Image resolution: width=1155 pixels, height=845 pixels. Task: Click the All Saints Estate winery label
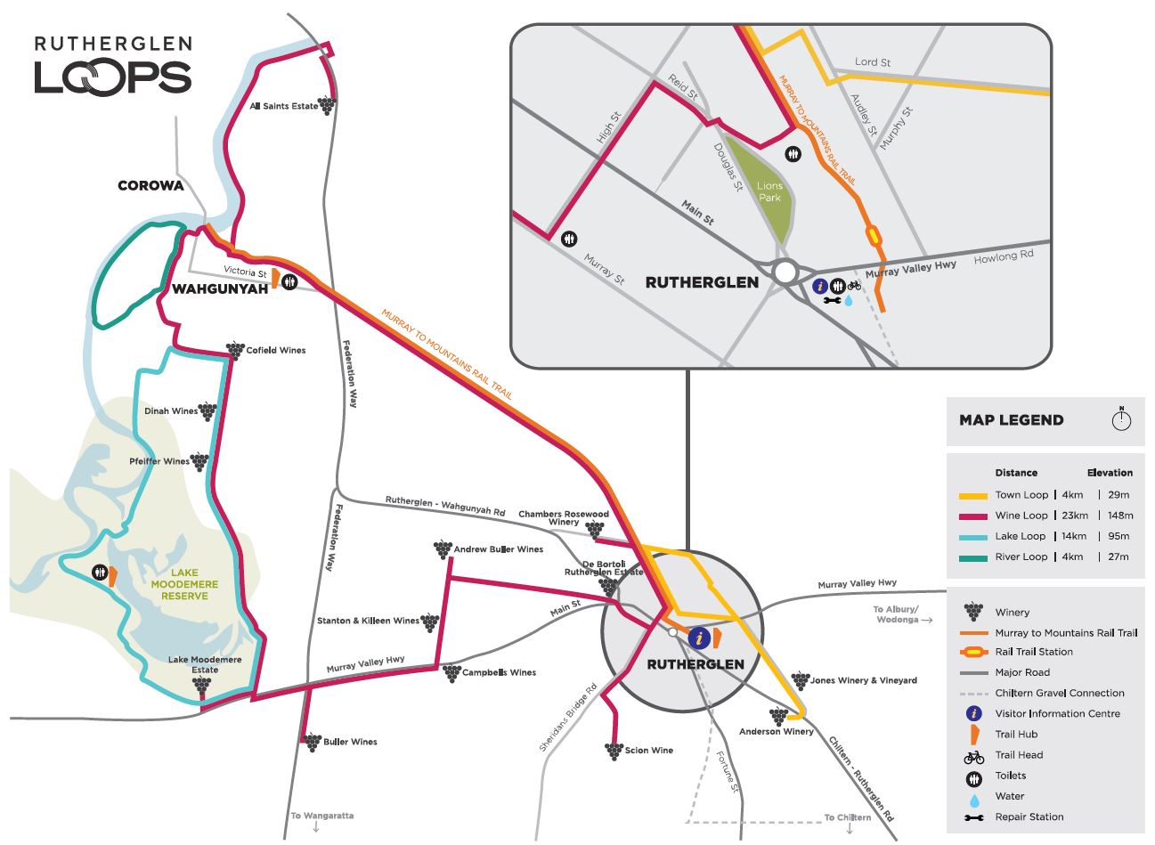click(283, 106)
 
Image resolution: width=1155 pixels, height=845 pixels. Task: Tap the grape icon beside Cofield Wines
click(235, 350)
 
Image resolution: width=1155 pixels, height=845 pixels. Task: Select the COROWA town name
click(150, 185)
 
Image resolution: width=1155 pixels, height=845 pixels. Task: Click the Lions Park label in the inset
click(769, 191)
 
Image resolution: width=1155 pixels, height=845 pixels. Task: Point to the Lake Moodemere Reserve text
click(184, 584)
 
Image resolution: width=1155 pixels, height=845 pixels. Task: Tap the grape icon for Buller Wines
click(312, 742)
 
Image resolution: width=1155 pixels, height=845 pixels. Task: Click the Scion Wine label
click(649, 751)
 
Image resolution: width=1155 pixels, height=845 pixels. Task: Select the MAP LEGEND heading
click(1011, 420)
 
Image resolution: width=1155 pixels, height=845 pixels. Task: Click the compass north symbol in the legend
click(1121, 419)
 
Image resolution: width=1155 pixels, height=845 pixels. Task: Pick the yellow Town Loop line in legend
click(973, 495)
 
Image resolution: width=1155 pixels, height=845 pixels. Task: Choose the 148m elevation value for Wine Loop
click(1120, 516)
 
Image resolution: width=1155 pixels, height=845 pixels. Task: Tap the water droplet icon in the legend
click(973, 797)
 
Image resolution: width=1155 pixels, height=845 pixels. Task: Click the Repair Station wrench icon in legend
click(973, 817)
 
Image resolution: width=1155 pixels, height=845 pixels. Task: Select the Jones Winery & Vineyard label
click(863, 680)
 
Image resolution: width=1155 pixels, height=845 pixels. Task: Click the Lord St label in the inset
click(872, 62)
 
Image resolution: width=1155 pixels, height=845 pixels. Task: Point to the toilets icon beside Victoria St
click(289, 281)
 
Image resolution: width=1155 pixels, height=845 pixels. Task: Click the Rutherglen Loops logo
click(113, 66)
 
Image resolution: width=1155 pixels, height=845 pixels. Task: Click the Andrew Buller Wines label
click(498, 549)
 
